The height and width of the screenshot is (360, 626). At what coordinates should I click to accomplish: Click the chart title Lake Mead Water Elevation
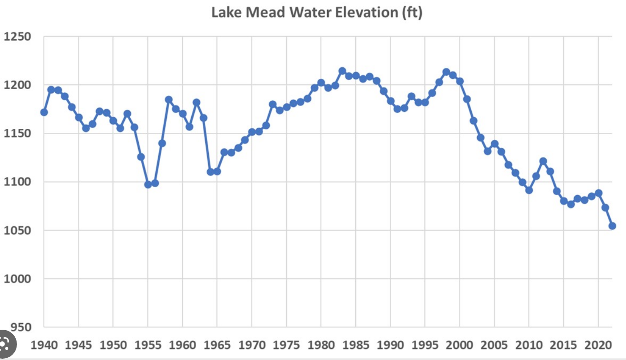[317, 12]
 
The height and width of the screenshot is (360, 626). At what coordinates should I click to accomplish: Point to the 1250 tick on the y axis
[18, 37]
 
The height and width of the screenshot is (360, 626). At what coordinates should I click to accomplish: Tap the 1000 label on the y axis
[18, 279]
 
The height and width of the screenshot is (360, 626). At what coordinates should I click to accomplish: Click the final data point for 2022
[612, 226]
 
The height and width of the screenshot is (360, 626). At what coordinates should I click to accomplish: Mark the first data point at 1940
[44, 112]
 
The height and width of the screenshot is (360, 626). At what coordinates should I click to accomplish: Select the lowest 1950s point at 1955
[148, 184]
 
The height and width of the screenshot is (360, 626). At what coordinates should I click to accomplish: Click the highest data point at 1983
[342, 71]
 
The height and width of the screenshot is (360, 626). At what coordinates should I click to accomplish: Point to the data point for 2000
[460, 81]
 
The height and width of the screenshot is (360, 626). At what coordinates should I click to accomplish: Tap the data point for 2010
[529, 190]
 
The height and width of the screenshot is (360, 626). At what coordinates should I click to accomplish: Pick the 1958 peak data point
[169, 99]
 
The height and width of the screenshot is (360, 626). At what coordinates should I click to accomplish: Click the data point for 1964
[210, 172]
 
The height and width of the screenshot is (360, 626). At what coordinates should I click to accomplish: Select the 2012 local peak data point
[543, 161]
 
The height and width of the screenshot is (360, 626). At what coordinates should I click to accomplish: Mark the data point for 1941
[51, 90]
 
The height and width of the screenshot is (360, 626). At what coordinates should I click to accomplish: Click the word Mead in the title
[265, 12]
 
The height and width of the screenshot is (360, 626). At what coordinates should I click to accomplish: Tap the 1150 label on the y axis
[18, 134]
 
